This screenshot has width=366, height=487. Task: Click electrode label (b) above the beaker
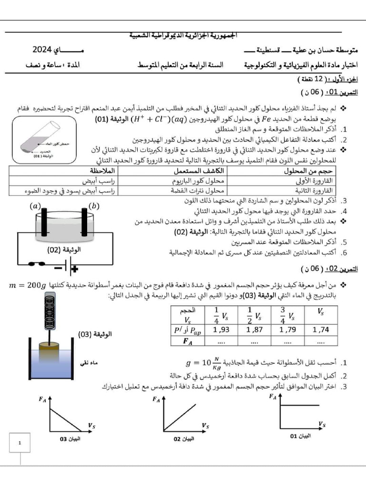click(94, 206)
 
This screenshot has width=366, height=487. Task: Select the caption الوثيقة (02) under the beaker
click(64, 250)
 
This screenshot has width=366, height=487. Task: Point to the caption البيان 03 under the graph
click(70, 439)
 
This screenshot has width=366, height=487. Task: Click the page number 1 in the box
click(20, 443)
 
